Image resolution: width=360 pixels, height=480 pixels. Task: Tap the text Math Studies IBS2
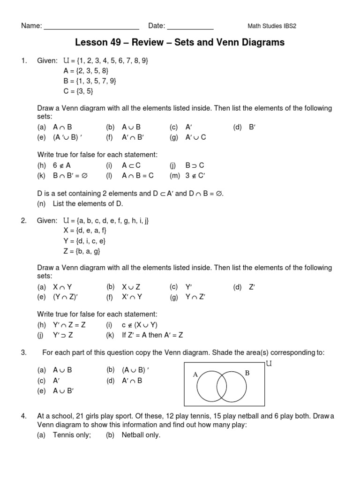271,26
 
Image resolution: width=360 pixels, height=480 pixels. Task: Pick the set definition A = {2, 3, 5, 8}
86,71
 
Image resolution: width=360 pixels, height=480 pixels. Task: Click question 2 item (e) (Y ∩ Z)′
55,296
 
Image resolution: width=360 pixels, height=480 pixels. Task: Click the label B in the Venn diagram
247,373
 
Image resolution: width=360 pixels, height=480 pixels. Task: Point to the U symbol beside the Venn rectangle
269,363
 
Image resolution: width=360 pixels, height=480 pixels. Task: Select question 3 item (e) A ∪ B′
55,391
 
